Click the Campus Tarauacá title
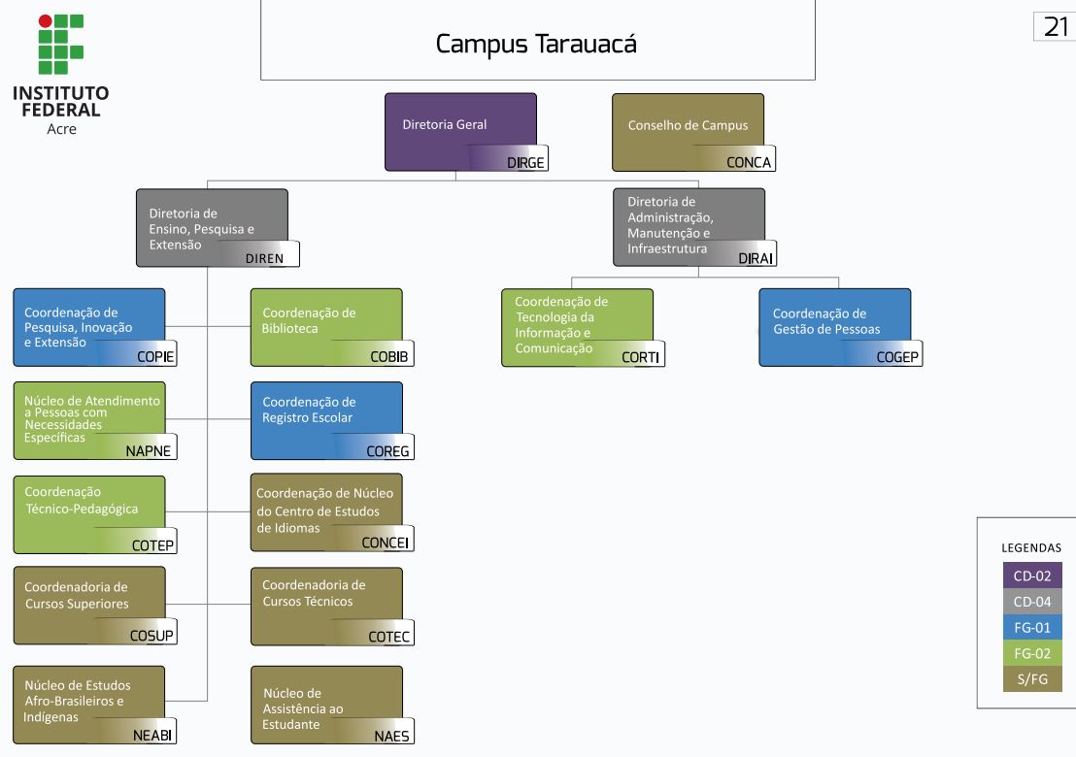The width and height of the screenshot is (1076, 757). click(x=536, y=44)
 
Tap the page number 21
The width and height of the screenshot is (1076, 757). click(x=1056, y=27)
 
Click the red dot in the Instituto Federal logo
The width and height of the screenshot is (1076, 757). click(x=45, y=20)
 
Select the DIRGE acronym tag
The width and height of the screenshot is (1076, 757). click(x=525, y=162)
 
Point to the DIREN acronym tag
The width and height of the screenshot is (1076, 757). click(x=264, y=258)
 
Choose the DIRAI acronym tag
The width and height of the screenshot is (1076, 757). click(x=757, y=258)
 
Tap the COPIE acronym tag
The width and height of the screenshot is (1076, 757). click(x=155, y=356)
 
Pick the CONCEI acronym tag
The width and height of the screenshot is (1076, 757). click(x=386, y=543)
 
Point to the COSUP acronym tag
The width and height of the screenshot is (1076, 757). click(x=152, y=637)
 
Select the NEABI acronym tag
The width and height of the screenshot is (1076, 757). click(x=152, y=735)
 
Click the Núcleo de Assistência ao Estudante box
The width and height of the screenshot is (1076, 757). click(x=326, y=705)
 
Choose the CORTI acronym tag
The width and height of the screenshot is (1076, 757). click(x=640, y=357)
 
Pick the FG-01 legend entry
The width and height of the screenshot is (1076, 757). click(x=1032, y=627)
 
